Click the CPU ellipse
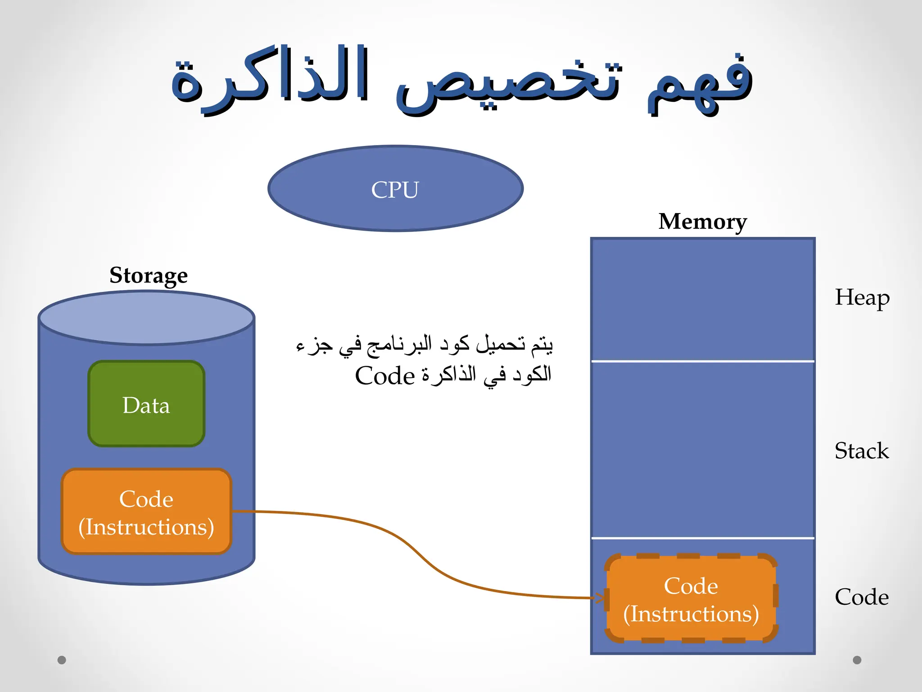395,188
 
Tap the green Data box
146,404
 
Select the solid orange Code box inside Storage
146,511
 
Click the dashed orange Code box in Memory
691,598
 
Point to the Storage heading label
149,275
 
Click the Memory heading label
702,221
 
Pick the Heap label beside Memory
862,297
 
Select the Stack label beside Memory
861,451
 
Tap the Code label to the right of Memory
861,597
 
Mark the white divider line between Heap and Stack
702,361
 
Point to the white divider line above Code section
702,538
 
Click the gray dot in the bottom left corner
62,660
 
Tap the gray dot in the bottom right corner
857,660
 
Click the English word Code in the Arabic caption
384,376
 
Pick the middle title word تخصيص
509,86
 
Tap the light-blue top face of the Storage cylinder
146,318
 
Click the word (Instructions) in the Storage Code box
146,527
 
